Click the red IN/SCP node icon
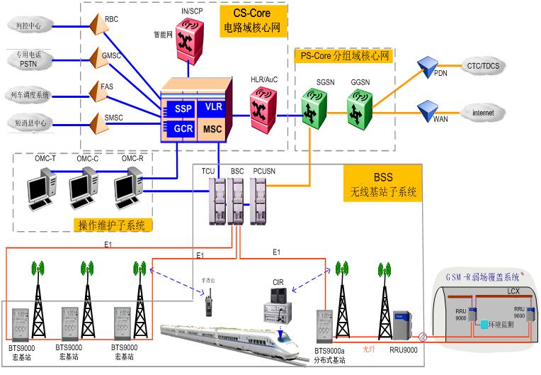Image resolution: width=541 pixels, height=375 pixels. pos(189,32)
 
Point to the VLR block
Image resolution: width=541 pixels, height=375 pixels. pos(213,108)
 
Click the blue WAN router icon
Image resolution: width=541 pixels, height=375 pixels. pos(428,111)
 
